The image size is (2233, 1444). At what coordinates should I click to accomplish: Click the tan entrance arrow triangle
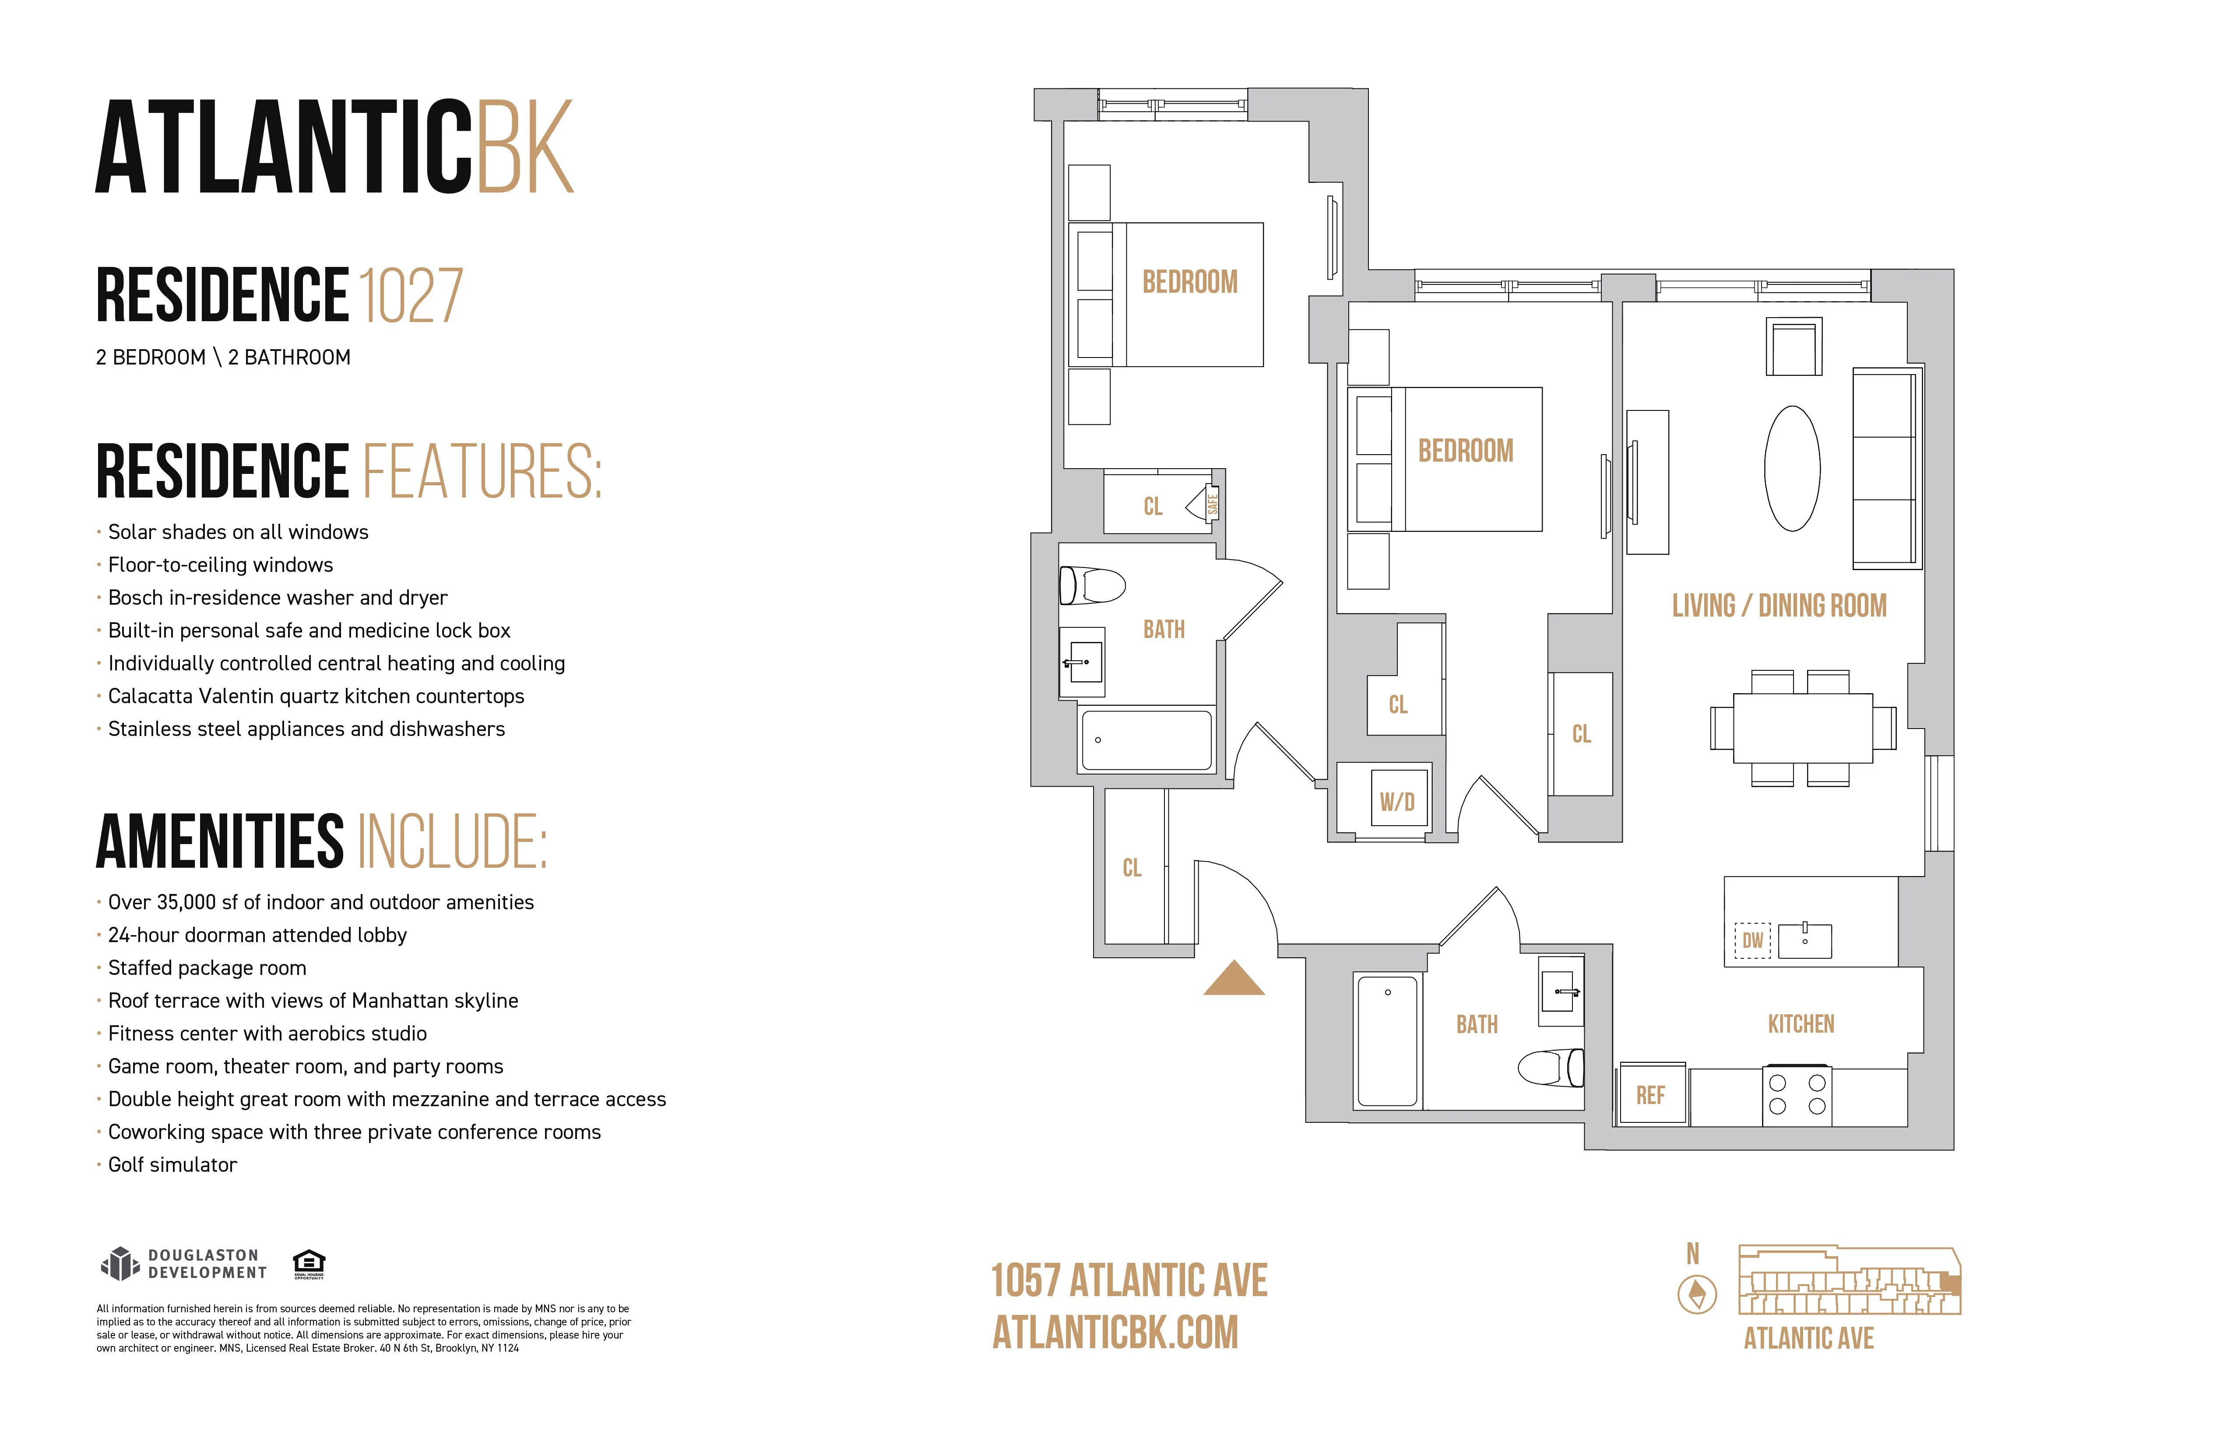coord(1234,980)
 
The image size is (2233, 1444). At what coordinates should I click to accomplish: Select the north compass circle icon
coord(1697,1295)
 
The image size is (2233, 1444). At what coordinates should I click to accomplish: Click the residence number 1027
coord(411,296)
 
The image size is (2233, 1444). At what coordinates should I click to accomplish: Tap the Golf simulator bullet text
coord(172,1164)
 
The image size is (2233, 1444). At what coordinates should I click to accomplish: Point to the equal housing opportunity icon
coord(309,1263)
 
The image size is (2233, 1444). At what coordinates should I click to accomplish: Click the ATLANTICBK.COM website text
coord(1115,1332)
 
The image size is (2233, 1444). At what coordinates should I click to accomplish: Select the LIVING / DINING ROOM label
coord(1779,606)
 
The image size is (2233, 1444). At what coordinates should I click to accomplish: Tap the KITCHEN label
coord(1800,1024)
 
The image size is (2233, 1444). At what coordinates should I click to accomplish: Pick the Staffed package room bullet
coord(206,967)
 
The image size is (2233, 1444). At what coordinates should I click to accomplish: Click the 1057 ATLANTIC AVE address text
coord(1129,1281)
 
